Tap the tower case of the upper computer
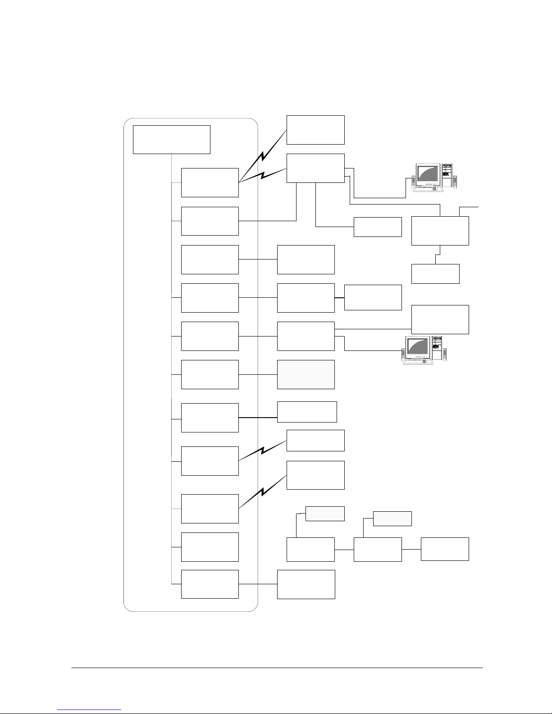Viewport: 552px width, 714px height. [447, 175]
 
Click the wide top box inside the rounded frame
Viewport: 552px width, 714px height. [172, 140]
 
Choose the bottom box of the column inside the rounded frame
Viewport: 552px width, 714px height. [210, 584]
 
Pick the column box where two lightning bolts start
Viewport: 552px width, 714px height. [210, 182]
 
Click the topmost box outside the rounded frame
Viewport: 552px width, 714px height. [315, 130]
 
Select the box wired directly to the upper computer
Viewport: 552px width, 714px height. [315, 168]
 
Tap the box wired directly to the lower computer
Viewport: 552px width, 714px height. [306, 336]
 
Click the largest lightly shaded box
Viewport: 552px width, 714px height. [306, 374]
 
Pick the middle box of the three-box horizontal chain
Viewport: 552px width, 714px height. [378, 549]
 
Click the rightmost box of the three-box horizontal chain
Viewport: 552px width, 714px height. [445, 549]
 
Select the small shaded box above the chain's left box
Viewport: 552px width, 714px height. [325, 514]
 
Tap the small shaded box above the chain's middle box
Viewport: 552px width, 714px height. [392, 518]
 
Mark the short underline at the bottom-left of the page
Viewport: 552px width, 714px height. [90, 710]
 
